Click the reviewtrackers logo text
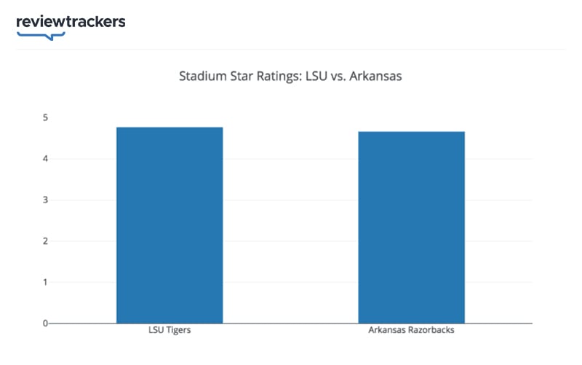click(x=71, y=21)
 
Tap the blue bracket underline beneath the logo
click(x=41, y=34)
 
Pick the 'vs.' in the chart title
click(x=340, y=76)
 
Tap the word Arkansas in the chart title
click(x=377, y=76)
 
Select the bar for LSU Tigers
click(x=170, y=226)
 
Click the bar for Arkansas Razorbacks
click(x=411, y=227)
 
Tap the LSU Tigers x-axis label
click(x=170, y=331)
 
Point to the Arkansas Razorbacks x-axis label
click(x=411, y=331)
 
